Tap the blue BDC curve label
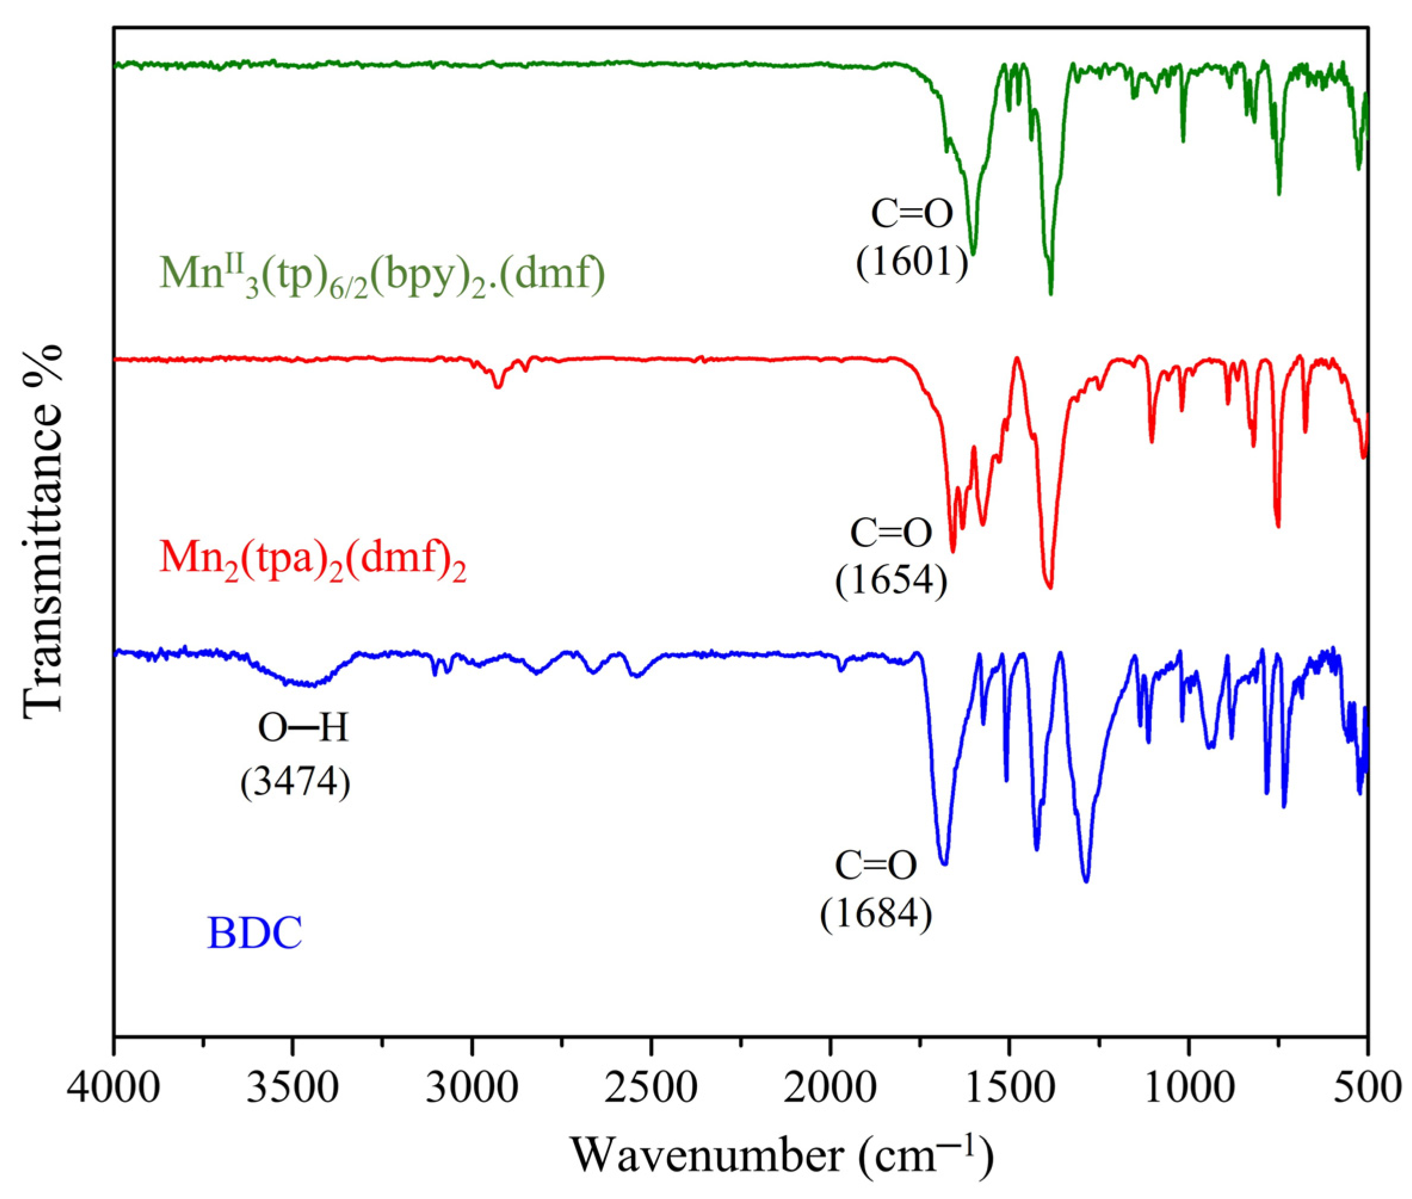pos(255,933)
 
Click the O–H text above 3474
pos(303,730)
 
